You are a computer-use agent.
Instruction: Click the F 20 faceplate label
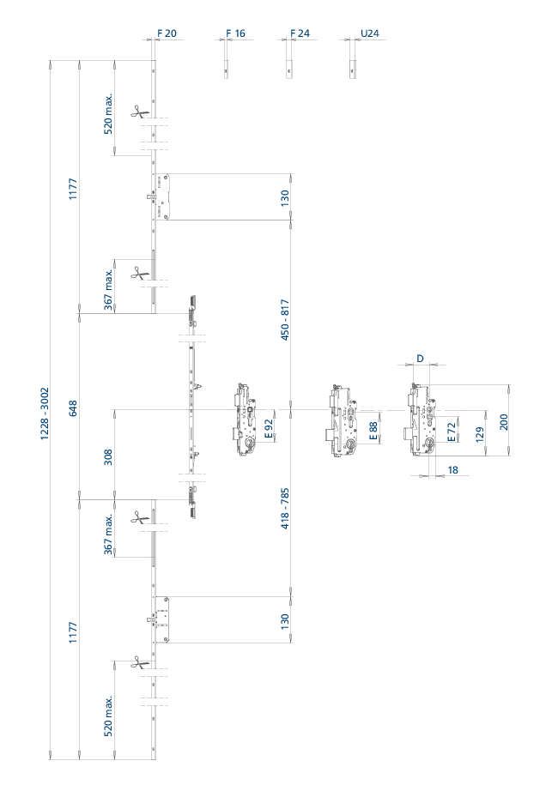coord(167,33)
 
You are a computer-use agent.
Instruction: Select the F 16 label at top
coord(235,33)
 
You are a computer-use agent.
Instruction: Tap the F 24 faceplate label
coord(300,33)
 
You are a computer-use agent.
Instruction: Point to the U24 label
coord(370,33)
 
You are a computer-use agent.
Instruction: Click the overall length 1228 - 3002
coord(45,413)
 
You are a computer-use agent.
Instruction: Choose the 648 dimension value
coord(73,409)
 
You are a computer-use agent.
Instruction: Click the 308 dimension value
coord(108,456)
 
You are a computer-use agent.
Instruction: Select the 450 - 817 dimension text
coord(285,320)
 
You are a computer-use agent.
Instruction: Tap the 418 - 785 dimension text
coord(285,509)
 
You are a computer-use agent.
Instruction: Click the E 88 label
coord(373,431)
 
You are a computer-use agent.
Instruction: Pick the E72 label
coord(452,432)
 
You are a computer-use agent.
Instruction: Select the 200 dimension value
coord(503,421)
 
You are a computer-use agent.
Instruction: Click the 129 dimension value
coord(480,435)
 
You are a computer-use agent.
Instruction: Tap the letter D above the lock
coord(420,359)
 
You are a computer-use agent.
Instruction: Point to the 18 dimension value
coord(452,469)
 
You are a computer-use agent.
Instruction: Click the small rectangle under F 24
coord(289,69)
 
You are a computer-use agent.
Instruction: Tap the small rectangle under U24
coord(353,69)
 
